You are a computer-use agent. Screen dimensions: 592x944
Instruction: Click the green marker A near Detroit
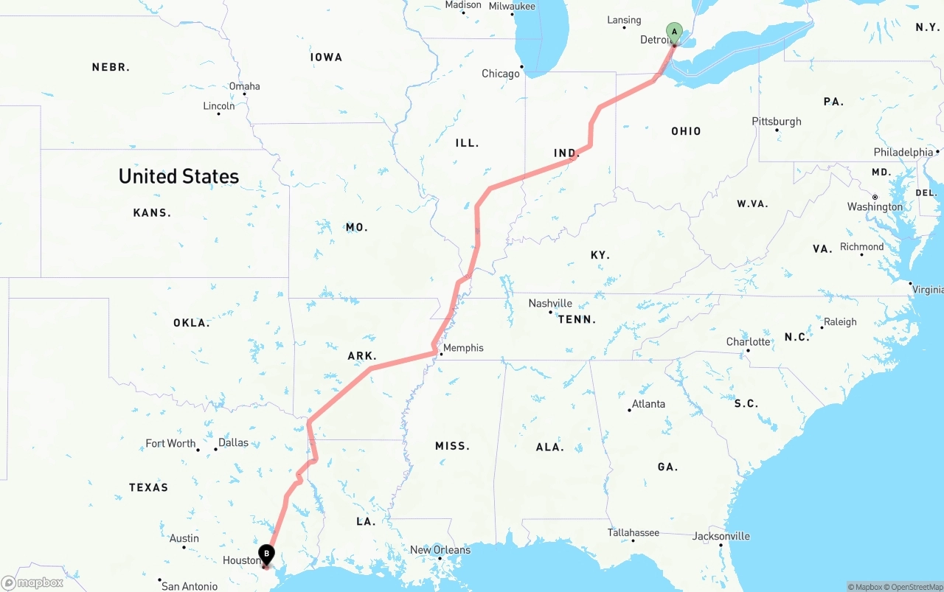click(673, 32)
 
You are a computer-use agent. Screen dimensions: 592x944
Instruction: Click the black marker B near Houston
click(266, 554)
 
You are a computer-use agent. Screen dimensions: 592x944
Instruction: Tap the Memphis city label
click(463, 348)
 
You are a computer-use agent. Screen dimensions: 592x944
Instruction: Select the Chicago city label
click(501, 74)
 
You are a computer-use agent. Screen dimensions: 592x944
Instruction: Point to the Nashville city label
click(550, 303)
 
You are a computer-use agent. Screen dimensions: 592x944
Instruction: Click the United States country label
click(178, 176)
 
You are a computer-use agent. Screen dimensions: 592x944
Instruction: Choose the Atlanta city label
click(648, 404)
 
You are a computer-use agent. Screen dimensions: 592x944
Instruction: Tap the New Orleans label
click(440, 550)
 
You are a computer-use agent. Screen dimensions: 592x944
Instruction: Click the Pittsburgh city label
click(777, 122)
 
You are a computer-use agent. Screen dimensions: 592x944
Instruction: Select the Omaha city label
click(244, 86)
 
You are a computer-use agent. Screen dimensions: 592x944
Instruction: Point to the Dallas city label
click(234, 443)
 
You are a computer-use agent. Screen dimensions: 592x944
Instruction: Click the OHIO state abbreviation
click(686, 131)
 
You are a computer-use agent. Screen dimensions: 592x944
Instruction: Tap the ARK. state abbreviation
click(362, 356)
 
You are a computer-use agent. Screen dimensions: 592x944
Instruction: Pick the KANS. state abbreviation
click(152, 213)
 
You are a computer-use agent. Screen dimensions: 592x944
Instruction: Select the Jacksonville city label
click(721, 537)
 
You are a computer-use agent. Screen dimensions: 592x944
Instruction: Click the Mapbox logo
click(32, 582)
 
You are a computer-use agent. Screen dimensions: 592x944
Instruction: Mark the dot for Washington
click(875, 198)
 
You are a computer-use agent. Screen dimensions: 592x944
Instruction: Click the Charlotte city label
click(749, 342)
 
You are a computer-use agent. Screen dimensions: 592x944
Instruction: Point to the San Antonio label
click(190, 586)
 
